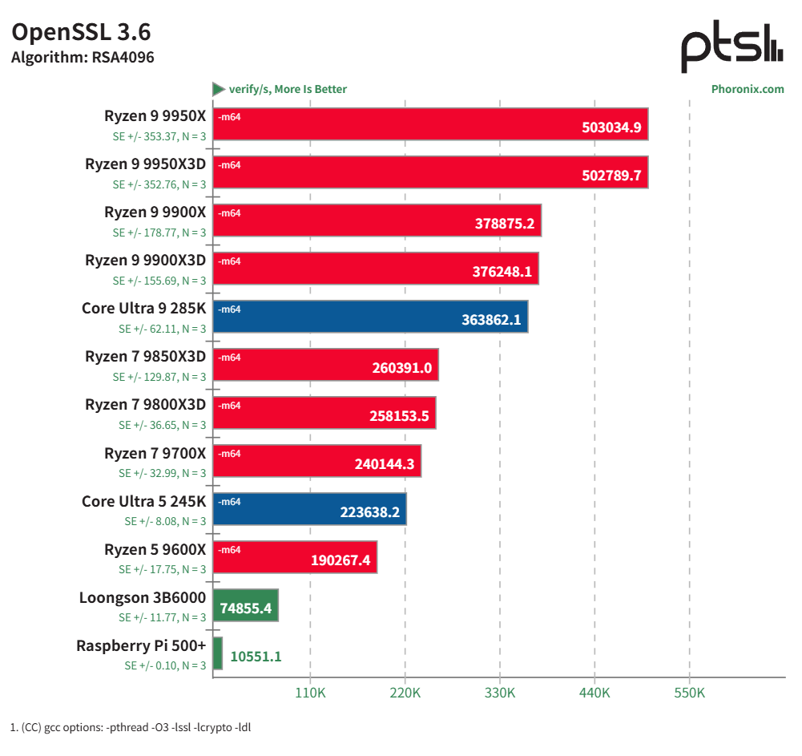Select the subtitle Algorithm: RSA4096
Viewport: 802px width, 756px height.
[x=82, y=58]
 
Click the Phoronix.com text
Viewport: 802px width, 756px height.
[x=747, y=89]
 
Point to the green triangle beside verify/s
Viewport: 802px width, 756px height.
[x=218, y=89]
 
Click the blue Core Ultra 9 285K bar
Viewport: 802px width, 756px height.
[x=370, y=317]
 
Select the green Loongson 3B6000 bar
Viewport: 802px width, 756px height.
[x=246, y=605]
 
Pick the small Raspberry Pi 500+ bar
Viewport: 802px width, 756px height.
[x=218, y=653]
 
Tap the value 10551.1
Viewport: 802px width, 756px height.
[x=256, y=657]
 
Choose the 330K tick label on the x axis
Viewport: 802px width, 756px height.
[x=499, y=693]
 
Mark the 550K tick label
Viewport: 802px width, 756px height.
[x=689, y=693]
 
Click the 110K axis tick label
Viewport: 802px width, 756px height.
[x=310, y=693]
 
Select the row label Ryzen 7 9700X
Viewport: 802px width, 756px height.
[x=155, y=454]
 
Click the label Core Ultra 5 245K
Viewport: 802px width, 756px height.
[x=143, y=502]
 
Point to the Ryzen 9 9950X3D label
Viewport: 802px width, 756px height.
[x=145, y=165]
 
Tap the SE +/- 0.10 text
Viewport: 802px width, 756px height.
[x=165, y=665]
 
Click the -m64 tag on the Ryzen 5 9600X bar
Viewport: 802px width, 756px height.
[x=230, y=550]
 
